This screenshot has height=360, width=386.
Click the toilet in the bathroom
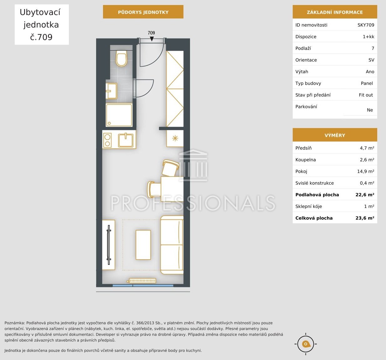[121, 58]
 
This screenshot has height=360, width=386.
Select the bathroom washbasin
[111, 91]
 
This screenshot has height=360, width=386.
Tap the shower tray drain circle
[109, 123]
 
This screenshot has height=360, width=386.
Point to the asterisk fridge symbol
[175, 138]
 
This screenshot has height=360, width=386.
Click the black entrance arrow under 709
[152, 39]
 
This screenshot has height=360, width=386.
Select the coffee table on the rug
[143, 245]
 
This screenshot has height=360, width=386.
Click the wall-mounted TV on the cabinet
[109, 245]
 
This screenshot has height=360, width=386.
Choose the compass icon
[306, 344]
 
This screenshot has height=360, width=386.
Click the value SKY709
[366, 25]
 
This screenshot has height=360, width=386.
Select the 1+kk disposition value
[368, 37]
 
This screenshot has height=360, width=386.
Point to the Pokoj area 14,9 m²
[366, 171]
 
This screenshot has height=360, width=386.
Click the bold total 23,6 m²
[365, 218]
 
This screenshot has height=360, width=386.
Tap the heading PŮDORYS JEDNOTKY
[143, 12]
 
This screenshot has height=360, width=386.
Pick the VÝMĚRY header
[335, 135]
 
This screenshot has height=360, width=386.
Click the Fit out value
[366, 95]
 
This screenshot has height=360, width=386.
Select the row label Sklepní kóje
[309, 206]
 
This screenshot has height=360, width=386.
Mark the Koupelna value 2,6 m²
[367, 160]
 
